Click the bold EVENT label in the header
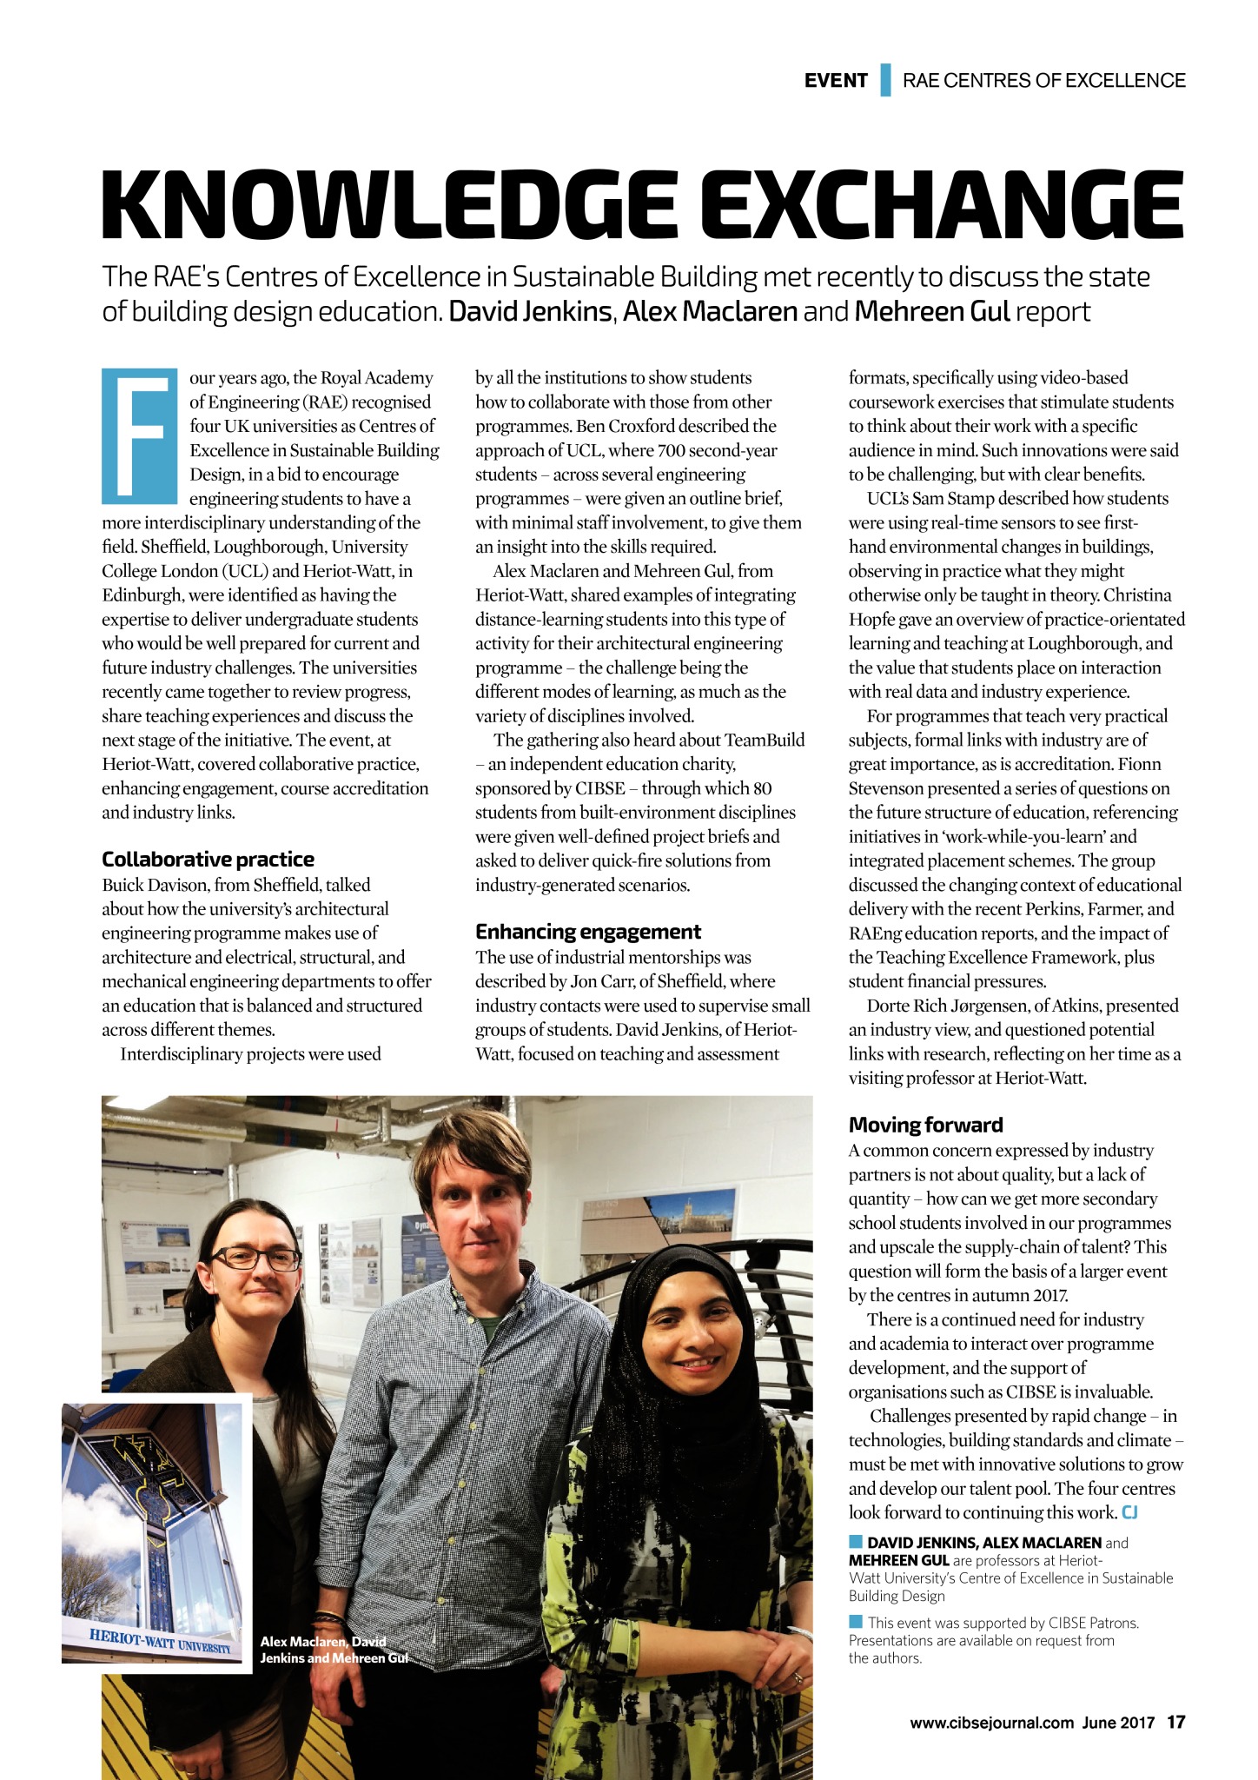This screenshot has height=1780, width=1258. pos(835,81)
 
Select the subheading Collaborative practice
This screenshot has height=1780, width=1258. pos(208,860)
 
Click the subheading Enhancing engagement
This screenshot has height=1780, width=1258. pos(587,932)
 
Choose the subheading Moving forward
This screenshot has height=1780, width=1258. pos(925,1125)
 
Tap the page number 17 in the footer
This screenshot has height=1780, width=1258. pos(1175,1722)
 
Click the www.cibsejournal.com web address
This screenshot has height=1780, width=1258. pos(991,1723)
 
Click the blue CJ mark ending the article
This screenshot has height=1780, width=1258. pos(1129,1512)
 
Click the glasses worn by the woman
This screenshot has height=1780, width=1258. pos(255,1258)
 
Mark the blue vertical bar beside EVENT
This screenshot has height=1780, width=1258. pos(885,80)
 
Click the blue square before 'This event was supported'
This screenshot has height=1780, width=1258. pos(855,1621)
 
